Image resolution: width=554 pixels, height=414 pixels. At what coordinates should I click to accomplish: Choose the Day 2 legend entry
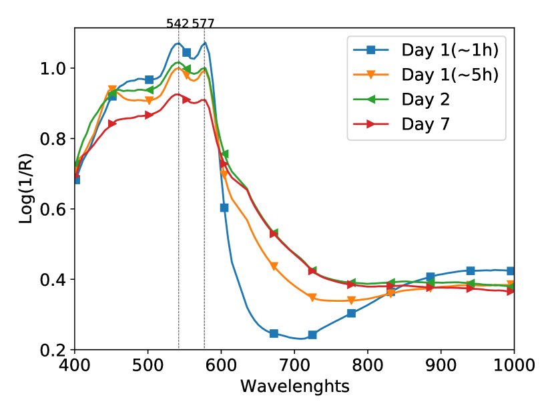coord(425,99)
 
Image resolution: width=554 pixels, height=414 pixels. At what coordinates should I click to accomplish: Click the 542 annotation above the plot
coord(178,24)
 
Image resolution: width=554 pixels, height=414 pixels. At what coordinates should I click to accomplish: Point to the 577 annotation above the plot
coord(204,24)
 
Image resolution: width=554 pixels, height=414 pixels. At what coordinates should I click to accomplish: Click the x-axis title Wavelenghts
coord(294,386)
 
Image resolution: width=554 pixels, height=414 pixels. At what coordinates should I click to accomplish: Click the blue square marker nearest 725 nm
coord(312,335)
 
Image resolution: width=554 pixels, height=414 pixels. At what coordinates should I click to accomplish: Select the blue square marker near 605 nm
coord(224,208)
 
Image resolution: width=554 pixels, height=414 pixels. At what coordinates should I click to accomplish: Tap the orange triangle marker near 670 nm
coord(274,266)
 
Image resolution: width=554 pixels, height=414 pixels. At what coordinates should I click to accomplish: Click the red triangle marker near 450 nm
coord(112,124)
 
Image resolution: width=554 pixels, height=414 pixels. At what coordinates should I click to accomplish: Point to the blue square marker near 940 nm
coord(471,270)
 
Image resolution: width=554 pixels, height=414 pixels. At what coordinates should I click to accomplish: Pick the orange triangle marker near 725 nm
coord(312,297)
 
